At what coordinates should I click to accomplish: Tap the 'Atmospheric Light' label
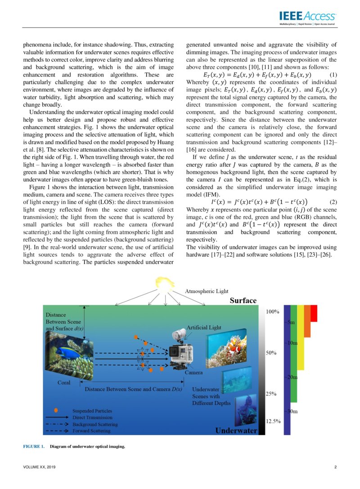207,292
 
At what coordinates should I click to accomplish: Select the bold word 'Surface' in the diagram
243,300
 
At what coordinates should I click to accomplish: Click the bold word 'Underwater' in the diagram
236,431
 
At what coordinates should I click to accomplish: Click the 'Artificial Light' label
204,327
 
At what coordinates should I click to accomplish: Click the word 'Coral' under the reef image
64,382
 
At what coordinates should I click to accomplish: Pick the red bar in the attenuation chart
314,313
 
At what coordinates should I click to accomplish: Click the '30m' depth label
291,411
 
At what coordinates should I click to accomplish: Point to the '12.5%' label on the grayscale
271,422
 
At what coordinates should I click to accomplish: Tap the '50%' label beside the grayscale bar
270,353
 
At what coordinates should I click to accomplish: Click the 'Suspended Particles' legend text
92,411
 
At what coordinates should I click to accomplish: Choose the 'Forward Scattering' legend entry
91,431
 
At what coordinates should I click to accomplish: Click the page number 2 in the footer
335,467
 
